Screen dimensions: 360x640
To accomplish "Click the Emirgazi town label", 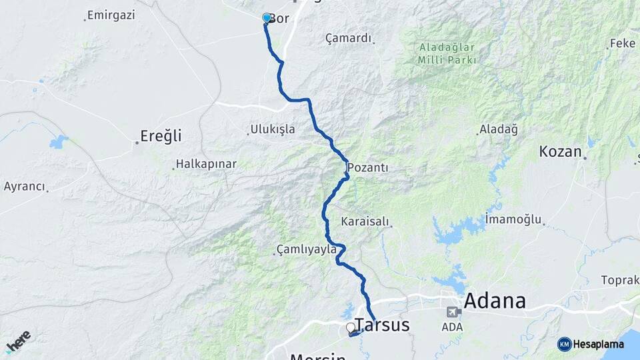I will [x=111, y=14].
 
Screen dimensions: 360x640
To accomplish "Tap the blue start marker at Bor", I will [x=267, y=18].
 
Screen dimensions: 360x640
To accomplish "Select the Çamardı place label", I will [x=348, y=38].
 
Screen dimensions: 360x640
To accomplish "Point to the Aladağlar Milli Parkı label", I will [x=447, y=53].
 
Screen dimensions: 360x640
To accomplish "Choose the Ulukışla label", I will [x=272, y=129].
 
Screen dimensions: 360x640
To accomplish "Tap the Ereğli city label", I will [x=161, y=137].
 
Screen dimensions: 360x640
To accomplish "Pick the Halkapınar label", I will [x=206, y=164].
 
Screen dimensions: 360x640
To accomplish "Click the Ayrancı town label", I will [x=25, y=187].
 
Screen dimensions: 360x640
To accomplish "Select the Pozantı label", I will [x=367, y=168].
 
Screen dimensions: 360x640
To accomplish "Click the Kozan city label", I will [x=561, y=151].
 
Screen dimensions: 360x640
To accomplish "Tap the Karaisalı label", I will [x=365, y=221].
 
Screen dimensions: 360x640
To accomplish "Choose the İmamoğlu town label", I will [x=513, y=219].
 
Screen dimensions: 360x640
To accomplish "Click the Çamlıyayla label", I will [x=306, y=250].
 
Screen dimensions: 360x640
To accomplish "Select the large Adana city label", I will [x=494, y=301].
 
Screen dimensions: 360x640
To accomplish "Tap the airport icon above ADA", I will [x=453, y=312].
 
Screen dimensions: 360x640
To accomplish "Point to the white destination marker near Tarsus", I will [x=351, y=328].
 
